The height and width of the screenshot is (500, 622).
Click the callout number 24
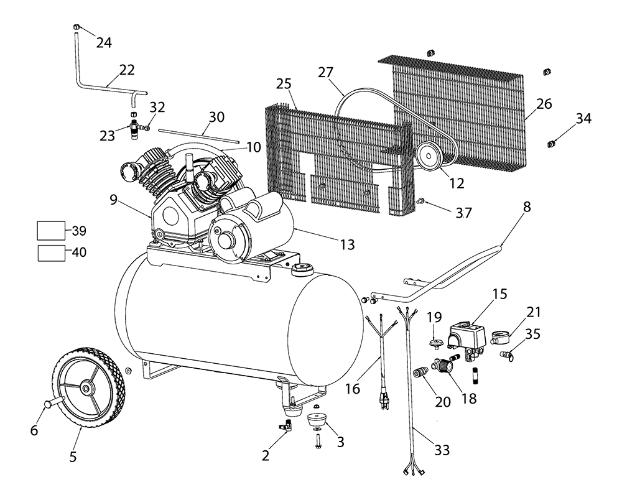coord(104,43)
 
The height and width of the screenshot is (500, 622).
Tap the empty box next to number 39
coord(51,231)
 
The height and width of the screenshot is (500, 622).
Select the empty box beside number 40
coord(51,253)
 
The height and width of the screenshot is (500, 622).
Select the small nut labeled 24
coord(75,27)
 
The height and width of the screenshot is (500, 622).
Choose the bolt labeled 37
coord(421,201)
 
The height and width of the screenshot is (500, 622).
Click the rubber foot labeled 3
coord(317,420)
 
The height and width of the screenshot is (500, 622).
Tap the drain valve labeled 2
coord(285,425)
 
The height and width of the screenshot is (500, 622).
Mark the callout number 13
coord(347,244)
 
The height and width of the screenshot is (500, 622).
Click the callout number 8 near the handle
coord(527,207)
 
